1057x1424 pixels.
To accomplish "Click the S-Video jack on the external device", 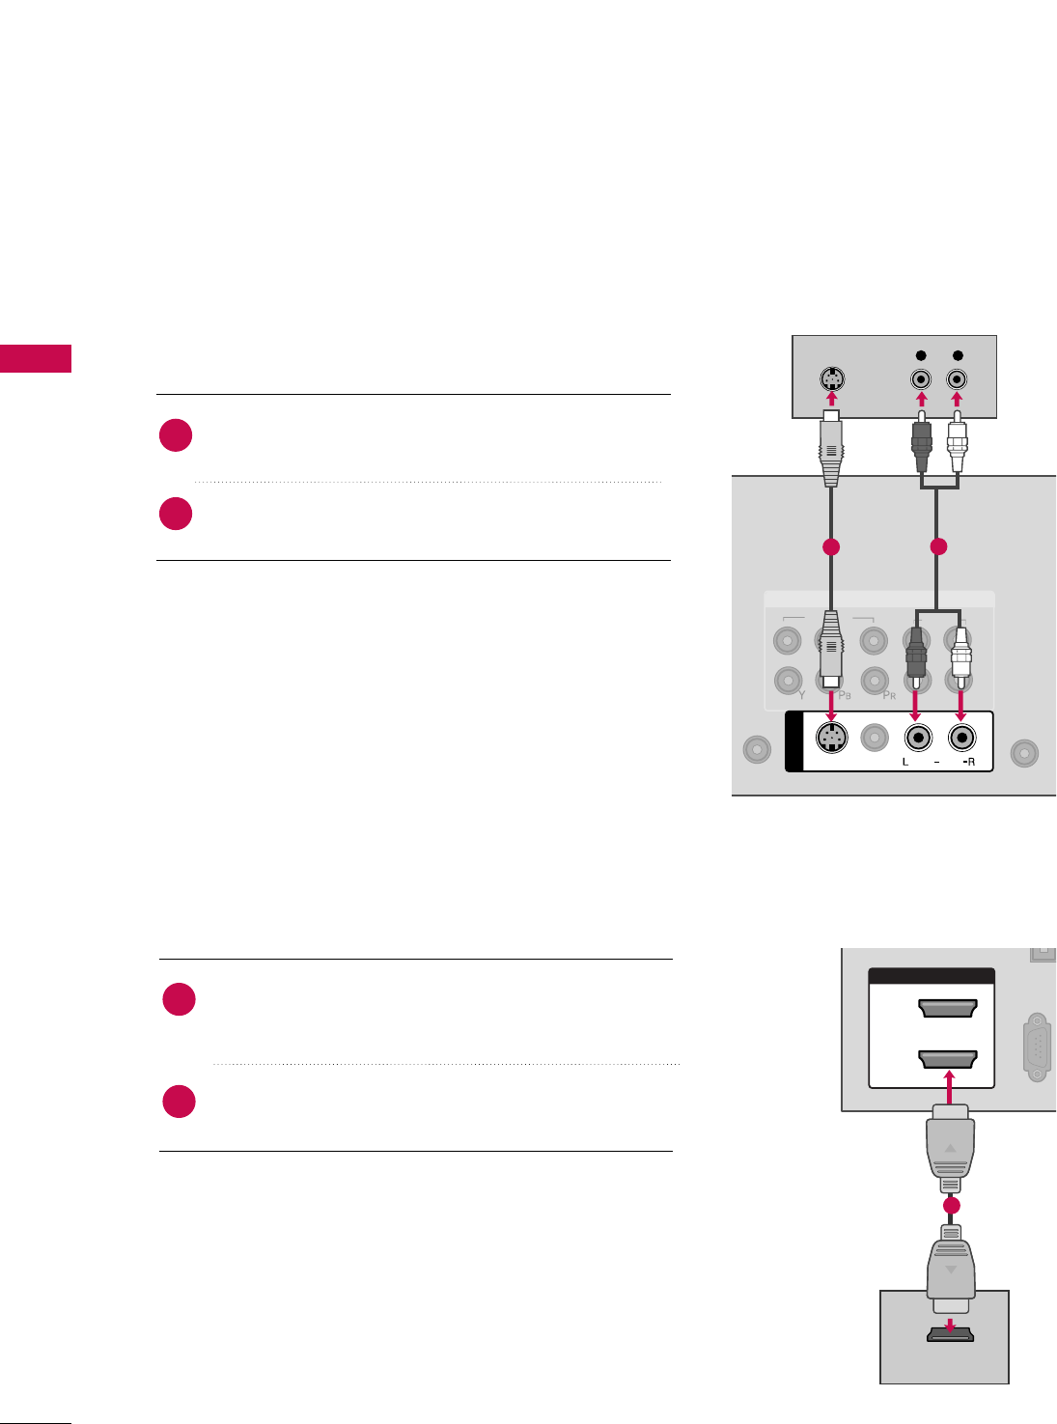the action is (829, 379).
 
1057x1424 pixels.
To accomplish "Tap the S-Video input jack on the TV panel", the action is (830, 740).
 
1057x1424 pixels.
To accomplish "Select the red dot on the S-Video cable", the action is (830, 547).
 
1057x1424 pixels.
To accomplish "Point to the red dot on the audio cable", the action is (936, 547).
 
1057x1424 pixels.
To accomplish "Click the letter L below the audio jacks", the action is (905, 763).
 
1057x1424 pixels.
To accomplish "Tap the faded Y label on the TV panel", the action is (801, 694).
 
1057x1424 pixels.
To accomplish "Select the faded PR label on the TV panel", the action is (889, 694).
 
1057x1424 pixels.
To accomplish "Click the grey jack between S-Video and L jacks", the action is (874, 739).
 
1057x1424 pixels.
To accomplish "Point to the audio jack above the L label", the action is (918, 739).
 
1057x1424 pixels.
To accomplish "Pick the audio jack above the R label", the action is (960, 739).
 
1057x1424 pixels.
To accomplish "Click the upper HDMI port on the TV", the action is (948, 1009).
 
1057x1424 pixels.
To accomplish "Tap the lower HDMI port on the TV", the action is (948, 1059).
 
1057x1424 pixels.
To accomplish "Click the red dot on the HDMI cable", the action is (951, 1206).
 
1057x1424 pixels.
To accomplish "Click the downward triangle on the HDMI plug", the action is (951, 1270).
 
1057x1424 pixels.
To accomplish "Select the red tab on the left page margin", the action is (36, 358).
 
